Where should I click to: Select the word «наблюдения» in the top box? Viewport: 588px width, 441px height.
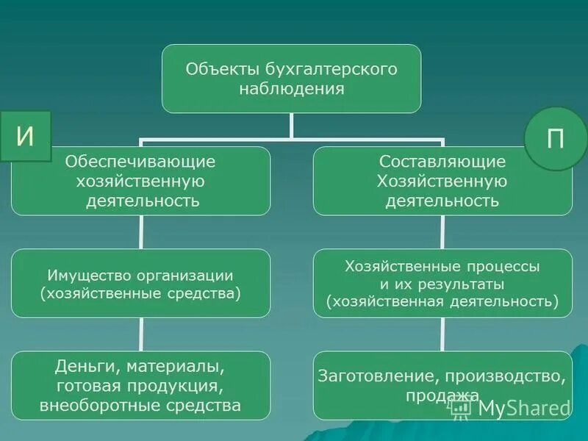292,89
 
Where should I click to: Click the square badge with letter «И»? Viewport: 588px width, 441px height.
25,137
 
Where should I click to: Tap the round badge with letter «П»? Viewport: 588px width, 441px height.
556,139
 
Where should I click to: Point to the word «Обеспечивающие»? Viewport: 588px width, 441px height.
140,160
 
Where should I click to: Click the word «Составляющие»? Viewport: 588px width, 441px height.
442,161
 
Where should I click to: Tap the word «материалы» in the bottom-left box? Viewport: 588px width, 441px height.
176,365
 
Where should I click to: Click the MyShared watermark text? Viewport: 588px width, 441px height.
524,408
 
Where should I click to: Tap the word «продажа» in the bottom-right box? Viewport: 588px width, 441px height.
442,396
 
